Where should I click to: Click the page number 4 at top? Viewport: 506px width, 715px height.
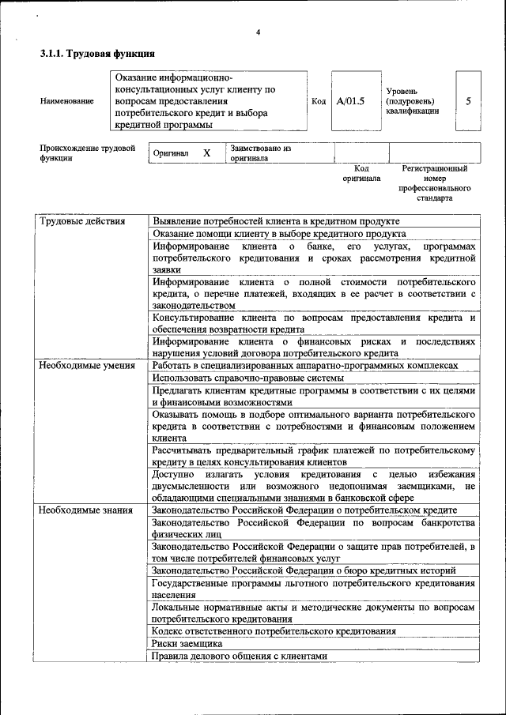click(x=258, y=32)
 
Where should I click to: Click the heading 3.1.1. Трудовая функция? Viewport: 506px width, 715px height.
click(x=96, y=54)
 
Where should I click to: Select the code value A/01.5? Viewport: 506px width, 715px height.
click(x=350, y=102)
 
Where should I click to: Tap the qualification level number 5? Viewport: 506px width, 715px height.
click(x=468, y=102)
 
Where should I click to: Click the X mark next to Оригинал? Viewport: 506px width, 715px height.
click(x=206, y=152)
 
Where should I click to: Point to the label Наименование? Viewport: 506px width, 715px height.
click(x=66, y=102)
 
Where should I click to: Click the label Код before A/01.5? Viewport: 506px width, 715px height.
click(x=319, y=102)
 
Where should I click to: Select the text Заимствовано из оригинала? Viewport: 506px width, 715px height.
click(x=261, y=152)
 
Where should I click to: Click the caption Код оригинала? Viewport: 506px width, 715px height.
click(x=361, y=174)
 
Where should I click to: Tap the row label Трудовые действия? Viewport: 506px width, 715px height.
click(x=83, y=221)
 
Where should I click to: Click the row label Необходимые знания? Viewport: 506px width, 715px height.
click(x=85, y=510)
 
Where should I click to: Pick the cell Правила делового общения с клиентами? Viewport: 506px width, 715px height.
click(x=239, y=656)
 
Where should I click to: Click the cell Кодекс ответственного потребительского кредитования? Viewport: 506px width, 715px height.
click(x=274, y=630)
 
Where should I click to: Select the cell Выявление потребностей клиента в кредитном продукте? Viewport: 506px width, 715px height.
click(x=276, y=221)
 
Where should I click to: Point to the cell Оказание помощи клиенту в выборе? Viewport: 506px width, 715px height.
click(x=279, y=234)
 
